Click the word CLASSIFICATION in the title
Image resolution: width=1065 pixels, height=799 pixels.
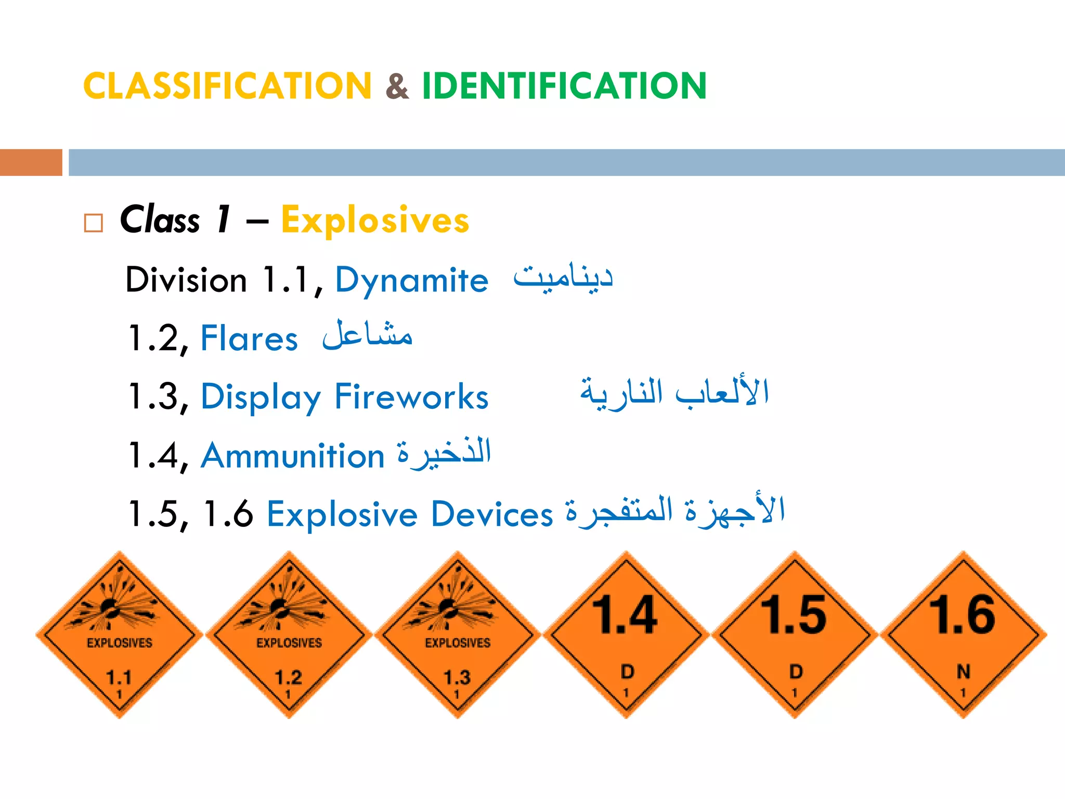(x=227, y=86)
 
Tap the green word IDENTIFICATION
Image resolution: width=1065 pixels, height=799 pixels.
(x=564, y=86)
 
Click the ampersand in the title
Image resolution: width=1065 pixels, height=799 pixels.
(x=397, y=86)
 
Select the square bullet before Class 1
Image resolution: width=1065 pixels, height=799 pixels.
(x=94, y=223)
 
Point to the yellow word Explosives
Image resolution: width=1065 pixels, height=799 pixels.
(x=375, y=220)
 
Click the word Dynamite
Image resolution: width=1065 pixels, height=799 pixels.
(x=411, y=281)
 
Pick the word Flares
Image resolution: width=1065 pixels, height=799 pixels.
(x=249, y=339)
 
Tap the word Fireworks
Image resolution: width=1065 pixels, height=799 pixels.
(x=411, y=397)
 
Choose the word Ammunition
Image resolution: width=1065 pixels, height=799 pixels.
(x=293, y=456)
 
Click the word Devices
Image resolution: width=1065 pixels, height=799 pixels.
(x=491, y=514)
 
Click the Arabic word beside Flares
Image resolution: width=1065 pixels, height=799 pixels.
(x=367, y=336)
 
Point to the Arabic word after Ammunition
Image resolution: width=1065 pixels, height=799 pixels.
(x=445, y=453)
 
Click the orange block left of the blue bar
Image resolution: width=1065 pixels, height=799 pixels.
(x=31, y=162)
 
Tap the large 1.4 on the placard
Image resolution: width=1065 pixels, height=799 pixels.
(x=626, y=615)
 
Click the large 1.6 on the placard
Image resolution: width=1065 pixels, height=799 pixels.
(x=963, y=615)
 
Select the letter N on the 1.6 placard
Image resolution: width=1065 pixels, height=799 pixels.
(x=963, y=672)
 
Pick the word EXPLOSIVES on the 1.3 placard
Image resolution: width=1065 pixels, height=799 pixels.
(x=458, y=643)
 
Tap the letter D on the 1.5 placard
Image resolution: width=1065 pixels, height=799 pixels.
(x=796, y=672)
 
